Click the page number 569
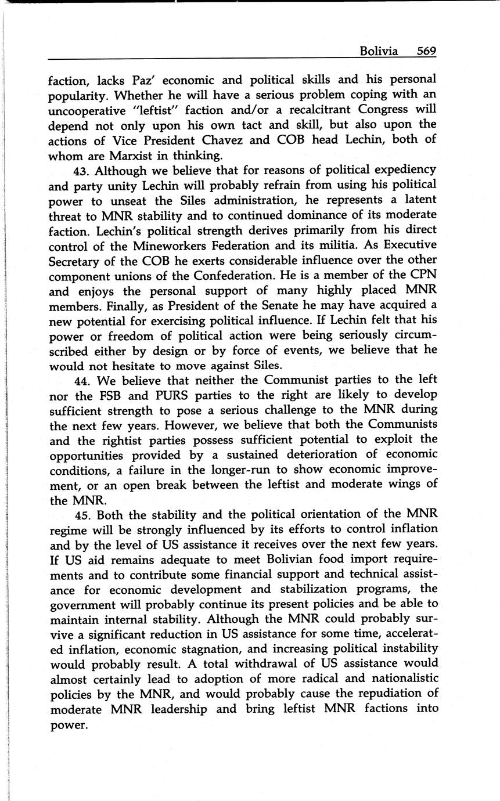click(x=426, y=51)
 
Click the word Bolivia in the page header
click(x=379, y=51)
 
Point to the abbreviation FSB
click(x=109, y=395)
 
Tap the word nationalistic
click(x=396, y=679)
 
